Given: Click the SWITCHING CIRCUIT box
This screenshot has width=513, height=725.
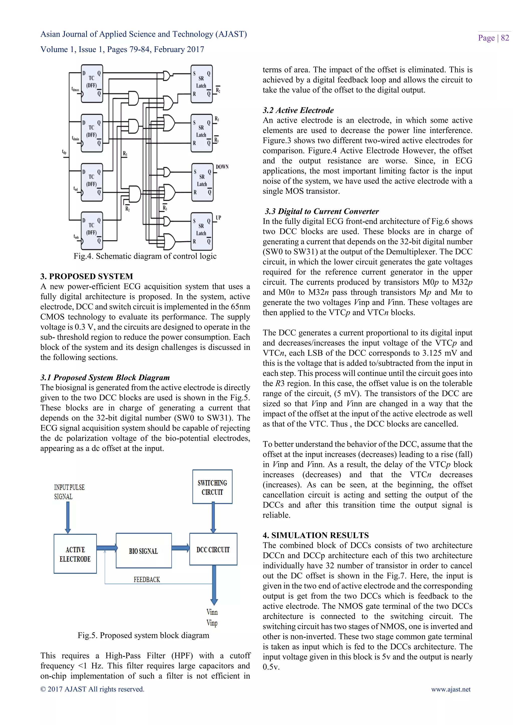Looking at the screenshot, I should [212, 487].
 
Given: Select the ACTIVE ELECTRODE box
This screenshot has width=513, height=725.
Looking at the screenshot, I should [75, 554].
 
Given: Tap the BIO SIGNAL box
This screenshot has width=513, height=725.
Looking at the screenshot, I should [144, 551].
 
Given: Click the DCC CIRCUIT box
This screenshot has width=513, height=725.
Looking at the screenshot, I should [213, 550].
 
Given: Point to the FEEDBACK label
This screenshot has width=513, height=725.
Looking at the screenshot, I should [147, 580].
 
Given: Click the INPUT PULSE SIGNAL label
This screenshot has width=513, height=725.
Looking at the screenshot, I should [69, 492].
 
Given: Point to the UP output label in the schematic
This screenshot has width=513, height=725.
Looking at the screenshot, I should [218, 218].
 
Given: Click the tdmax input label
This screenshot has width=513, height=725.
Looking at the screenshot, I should [75, 89].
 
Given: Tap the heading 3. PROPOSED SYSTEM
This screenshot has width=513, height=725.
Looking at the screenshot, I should [87, 276].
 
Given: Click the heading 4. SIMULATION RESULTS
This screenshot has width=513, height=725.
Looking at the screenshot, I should [316, 535].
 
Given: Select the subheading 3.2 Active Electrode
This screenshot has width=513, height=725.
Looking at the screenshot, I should [298, 110].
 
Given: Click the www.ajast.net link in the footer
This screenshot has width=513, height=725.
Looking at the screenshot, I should [451, 689].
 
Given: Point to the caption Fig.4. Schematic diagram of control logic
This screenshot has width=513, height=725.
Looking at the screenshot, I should [145, 256].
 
